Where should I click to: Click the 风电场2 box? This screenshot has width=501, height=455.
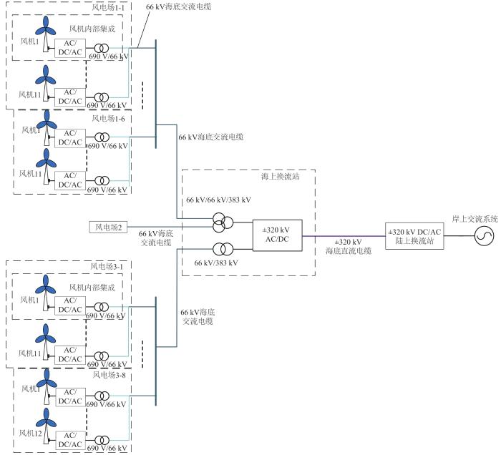pyautogui.click(x=109, y=227)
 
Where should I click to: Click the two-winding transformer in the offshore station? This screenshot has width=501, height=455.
pyautogui.click(x=220, y=248)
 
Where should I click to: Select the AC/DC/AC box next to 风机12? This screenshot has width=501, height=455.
pyautogui.click(x=72, y=438)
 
